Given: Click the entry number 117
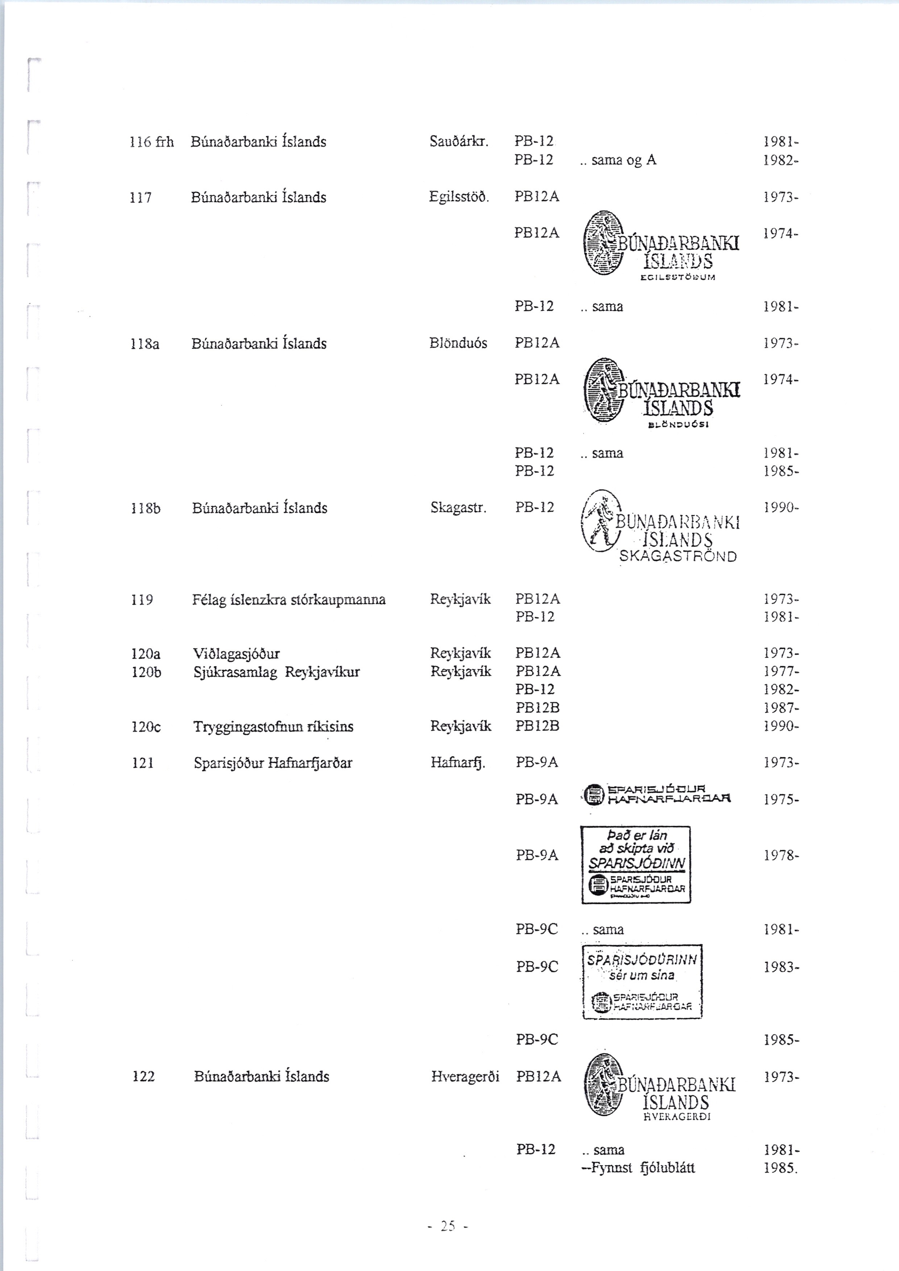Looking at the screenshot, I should (140, 197).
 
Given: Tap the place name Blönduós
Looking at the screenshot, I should (458, 343).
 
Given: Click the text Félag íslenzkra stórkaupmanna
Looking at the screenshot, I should (289, 600).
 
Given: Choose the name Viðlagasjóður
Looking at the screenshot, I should (236, 654).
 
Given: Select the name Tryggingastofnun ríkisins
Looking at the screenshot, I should (273, 726).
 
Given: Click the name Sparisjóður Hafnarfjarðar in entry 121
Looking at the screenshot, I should (273, 763).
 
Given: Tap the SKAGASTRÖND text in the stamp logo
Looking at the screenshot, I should (678, 557).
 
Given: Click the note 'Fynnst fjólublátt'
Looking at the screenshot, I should (637, 1168).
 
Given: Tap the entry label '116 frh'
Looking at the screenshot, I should (151, 142).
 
